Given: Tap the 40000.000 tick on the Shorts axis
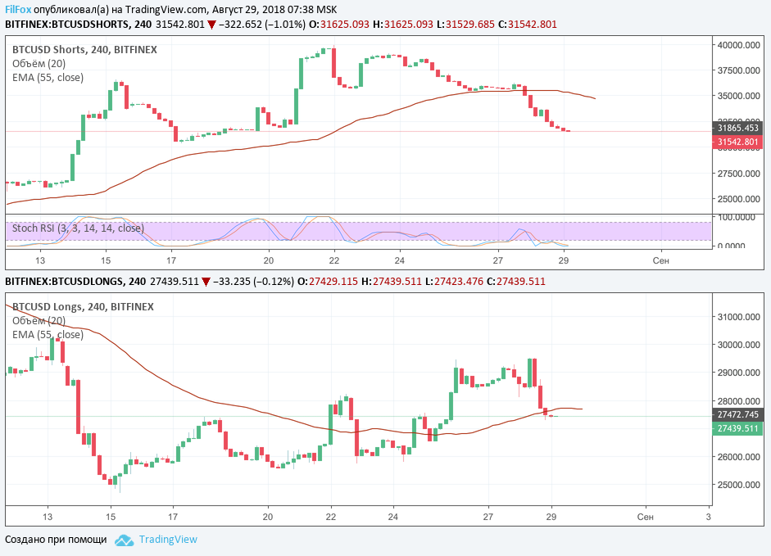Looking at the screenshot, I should (739, 46).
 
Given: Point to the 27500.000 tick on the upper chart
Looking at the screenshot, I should (739, 174).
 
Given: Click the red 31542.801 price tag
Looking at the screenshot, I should (738, 142).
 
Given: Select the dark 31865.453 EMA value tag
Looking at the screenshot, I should (738, 128).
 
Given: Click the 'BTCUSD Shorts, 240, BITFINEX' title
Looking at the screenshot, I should (84, 50).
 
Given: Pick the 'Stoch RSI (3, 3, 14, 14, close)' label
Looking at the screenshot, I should (78, 228).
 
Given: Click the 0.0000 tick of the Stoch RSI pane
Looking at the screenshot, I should (739, 246).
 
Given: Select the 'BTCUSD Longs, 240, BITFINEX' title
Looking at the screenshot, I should (83, 307).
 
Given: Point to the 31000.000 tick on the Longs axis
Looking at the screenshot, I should (739, 317).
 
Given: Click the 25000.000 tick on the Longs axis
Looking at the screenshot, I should (739, 485).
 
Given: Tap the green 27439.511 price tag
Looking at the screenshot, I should (738, 428).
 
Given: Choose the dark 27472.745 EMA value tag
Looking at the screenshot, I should (738, 415).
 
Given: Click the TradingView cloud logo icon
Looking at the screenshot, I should (124, 540).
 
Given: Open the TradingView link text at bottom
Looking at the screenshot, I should (168, 540).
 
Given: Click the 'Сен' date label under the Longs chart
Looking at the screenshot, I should (645, 518).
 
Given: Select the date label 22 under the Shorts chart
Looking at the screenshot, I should (334, 260).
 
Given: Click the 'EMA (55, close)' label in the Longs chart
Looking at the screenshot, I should (48, 335).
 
